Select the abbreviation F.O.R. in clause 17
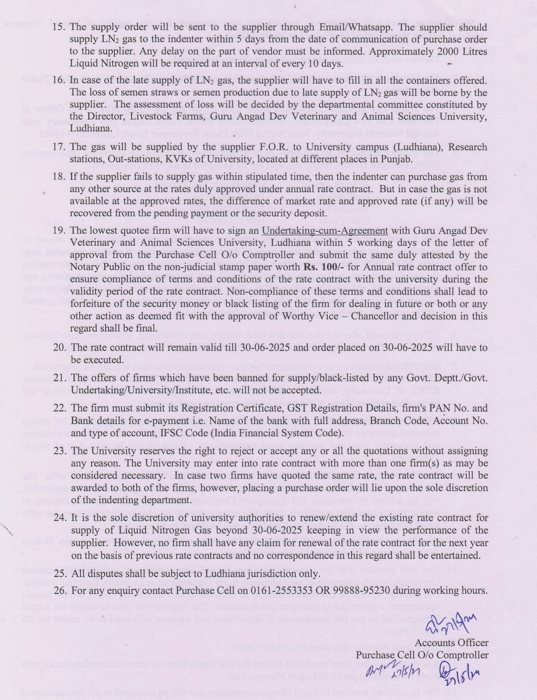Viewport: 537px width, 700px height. [229, 147]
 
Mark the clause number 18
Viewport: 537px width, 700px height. [60, 177]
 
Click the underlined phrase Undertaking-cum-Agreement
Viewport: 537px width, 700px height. [325, 231]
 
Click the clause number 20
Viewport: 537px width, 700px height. [60, 348]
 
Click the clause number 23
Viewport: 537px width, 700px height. [60, 451]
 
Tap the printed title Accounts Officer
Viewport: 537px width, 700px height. [451, 643]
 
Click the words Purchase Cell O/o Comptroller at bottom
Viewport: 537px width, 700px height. [422, 655]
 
